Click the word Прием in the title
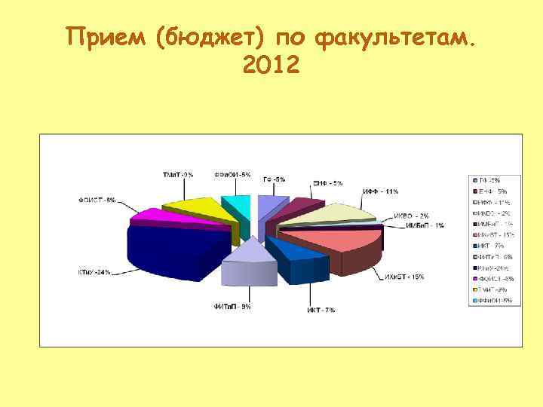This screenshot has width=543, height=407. point(105,37)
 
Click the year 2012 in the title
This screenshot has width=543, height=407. point(271,67)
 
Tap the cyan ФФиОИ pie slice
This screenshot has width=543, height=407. point(236,205)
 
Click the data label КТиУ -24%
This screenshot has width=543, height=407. point(94,272)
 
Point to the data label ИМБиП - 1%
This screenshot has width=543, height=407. point(425,225)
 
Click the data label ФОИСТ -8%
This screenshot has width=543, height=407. point(97,200)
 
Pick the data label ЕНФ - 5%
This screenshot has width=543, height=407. point(328,183)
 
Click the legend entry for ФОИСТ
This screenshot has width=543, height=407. point(494,278)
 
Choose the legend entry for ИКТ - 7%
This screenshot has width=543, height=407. point(494,246)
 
